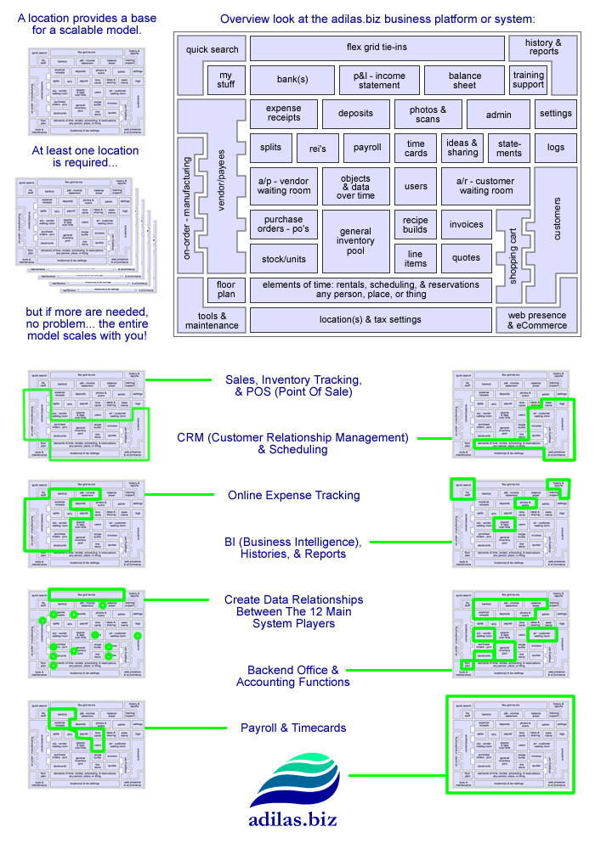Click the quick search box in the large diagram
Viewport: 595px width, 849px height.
point(213,48)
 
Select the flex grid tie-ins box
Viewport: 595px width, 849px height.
point(377,48)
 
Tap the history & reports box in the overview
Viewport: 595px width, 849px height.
point(543,48)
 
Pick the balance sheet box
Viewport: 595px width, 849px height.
point(465,81)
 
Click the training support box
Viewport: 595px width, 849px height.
point(529,81)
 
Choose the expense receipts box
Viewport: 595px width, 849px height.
point(284,114)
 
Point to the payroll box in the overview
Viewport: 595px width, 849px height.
point(366,148)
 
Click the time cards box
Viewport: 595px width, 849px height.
point(416,148)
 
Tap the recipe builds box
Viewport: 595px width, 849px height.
point(416,225)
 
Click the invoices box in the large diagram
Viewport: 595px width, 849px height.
point(466,225)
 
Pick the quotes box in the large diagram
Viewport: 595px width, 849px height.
point(466,258)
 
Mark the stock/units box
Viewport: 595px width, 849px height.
point(284,258)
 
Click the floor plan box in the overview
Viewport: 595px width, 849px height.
point(225,290)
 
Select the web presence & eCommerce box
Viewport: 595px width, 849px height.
point(536,320)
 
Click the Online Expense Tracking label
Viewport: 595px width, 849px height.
point(293,495)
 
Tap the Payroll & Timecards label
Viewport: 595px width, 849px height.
point(293,728)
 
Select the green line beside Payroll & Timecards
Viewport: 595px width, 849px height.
point(178,728)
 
